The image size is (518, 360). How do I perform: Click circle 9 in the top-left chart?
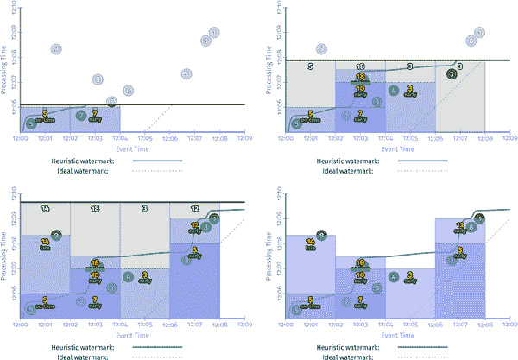tap(57, 49)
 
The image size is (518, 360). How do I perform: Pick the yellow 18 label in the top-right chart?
tap(360, 78)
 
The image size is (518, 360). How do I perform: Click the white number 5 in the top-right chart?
tap(310, 66)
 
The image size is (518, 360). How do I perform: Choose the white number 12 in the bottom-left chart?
tap(194, 209)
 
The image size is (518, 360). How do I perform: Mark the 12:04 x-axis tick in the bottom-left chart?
tap(120, 324)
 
